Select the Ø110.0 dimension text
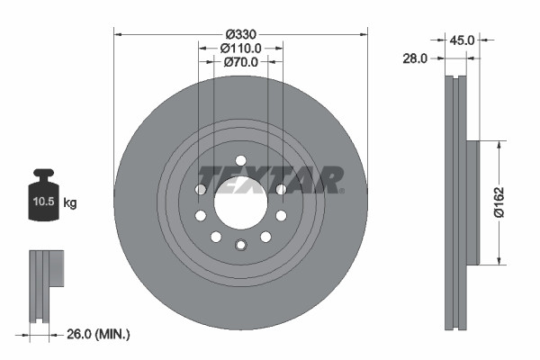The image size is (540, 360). (240, 48)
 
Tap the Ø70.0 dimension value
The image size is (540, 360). (240, 62)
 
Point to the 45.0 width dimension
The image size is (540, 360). (463, 40)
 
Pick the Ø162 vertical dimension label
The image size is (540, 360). (509, 202)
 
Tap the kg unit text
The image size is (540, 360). (71, 203)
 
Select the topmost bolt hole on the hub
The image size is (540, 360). (240, 159)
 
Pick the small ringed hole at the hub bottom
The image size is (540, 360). (240, 246)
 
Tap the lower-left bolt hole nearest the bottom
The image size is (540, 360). (216, 237)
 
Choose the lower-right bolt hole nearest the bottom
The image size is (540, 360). (265, 237)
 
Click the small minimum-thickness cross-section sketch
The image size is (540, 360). (46, 285)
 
